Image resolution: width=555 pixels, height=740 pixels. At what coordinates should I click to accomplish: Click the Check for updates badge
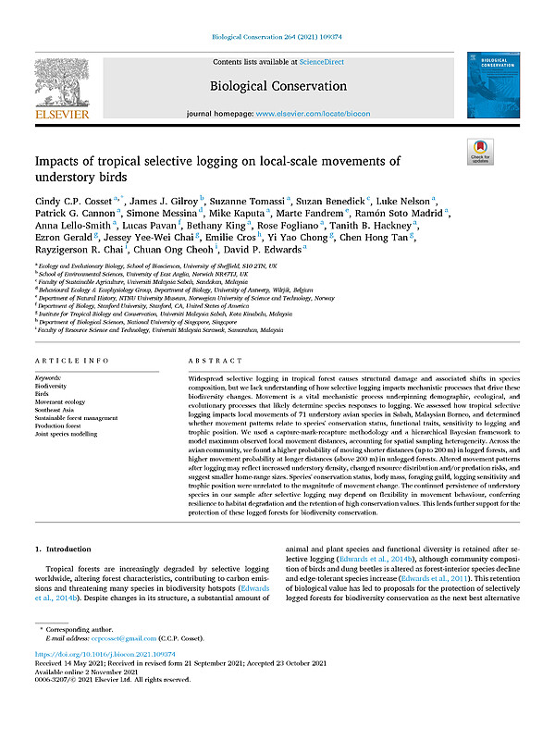[x=479, y=154]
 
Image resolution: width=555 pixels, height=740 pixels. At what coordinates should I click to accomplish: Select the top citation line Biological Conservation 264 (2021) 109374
[x=277, y=36]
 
